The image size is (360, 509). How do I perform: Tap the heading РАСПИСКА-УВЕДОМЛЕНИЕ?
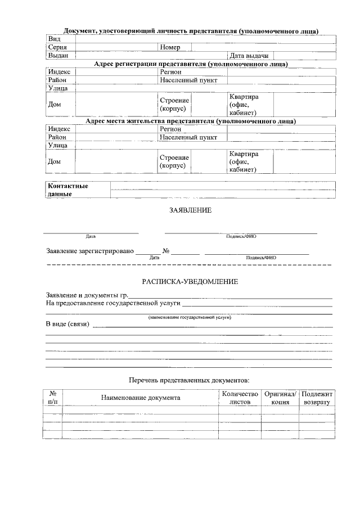coord(190,281)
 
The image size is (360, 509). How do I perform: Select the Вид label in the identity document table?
coord(54,39)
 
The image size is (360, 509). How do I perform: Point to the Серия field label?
coord(57,47)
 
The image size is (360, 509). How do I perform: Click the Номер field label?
coord(170,47)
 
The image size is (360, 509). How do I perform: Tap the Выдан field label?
coord(58,56)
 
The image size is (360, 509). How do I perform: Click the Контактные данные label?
coord(68,190)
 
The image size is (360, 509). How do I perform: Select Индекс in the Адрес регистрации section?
coord(59,72)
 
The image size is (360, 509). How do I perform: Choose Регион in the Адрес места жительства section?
coord(170,129)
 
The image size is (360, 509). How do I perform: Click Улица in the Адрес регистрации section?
coord(58,88)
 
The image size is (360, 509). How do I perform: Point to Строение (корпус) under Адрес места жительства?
coord(174,161)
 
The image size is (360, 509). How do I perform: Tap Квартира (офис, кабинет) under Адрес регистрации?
coord(244,105)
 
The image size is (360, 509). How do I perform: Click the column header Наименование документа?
coord(141,398)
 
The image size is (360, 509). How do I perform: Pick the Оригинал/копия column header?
coord(280,398)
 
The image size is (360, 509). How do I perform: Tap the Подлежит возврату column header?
coord(317,398)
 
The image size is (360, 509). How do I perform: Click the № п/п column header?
coord(52,398)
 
